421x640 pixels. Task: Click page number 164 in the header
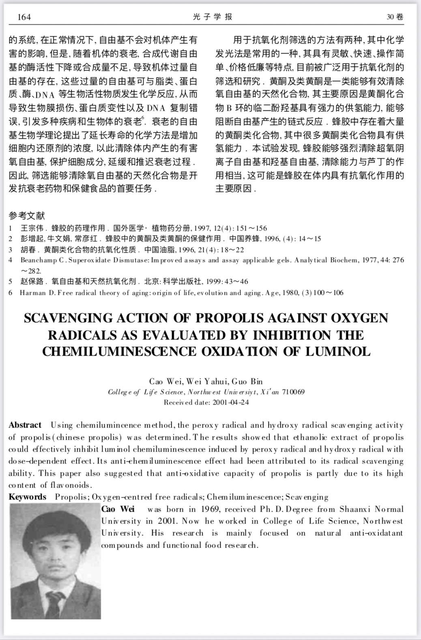[24, 17]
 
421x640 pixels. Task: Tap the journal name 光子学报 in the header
[213, 17]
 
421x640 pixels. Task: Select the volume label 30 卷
[395, 17]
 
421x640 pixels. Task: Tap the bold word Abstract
[25, 425]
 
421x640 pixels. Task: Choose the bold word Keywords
[28, 497]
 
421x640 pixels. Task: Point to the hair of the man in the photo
[55, 521]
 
